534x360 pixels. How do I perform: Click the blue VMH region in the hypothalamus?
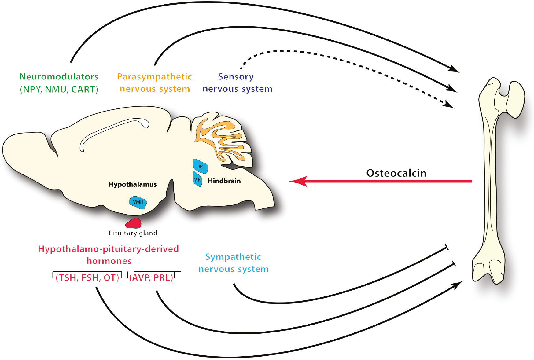(138, 202)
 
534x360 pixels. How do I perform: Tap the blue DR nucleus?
(200, 166)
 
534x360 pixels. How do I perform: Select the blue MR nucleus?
(197, 179)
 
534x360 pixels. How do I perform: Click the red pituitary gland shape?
(134, 223)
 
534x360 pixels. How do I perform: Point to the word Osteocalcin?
(396, 173)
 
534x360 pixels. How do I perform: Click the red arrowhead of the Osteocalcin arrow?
(298, 181)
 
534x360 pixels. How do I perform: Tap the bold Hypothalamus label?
(133, 184)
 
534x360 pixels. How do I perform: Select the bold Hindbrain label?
(224, 181)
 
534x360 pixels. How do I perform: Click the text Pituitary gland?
(133, 233)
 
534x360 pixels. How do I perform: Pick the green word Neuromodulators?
(59, 76)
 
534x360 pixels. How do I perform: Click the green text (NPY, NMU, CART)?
(59, 89)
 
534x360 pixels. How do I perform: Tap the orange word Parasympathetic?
(154, 76)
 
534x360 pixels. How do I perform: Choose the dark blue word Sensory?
(236, 77)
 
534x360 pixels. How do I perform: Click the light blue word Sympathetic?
(233, 257)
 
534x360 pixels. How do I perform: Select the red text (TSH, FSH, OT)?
(87, 277)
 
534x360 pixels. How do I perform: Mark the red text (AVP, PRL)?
(151, 277)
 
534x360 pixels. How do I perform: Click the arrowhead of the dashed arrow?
(449, 105)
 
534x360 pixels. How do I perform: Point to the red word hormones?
(109, 261)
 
